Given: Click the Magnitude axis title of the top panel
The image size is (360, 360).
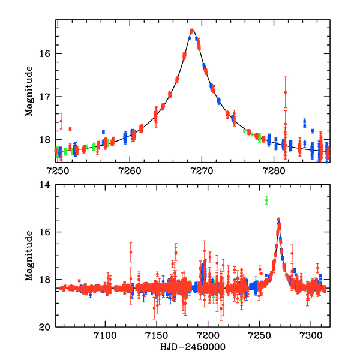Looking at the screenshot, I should pyautogui.click(x=29, y=91).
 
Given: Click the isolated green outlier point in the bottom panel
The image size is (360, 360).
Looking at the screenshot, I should pyautogui.click(x=266, y=200).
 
